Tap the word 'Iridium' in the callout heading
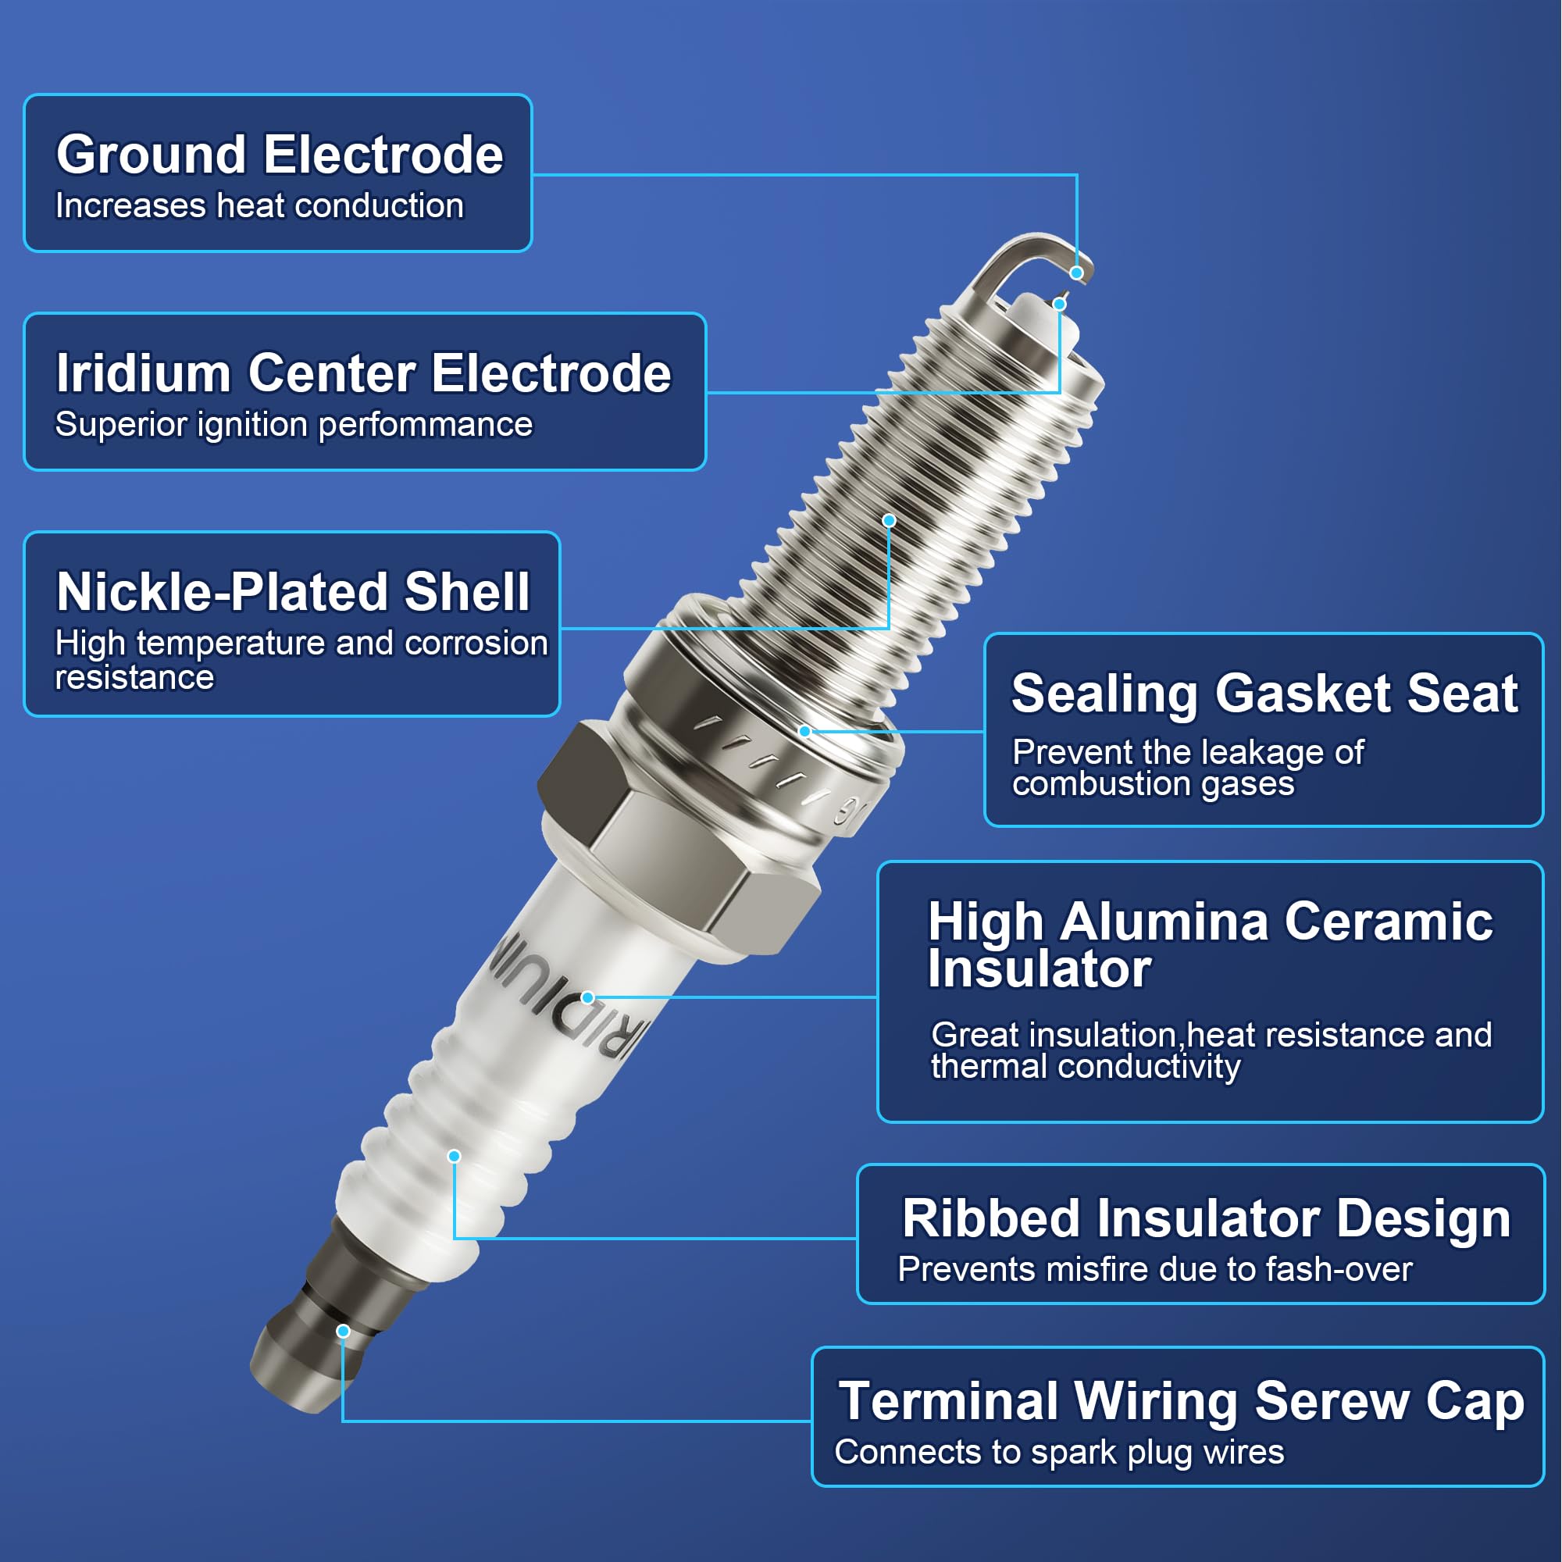pyautogui.click(x=143, y=373)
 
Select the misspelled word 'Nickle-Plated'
pyautogui.click(x=223, y=591)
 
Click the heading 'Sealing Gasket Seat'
pyautogui.click(x=1264, y=694)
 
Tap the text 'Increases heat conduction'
pyautogui.click(x=259, y=205)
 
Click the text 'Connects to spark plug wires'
pyautogui.click(x=1059, y=1453)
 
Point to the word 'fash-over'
pyautogui.click(x=1339, y=1269)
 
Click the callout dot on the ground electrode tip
pyautogui.click(x=1076, y=273)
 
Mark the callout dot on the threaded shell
pyautogui.click(x=889, y=521)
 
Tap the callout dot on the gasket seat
pyautogui.click(x=804, y=731)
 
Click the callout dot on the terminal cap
pyautogui.click(x=343, y=1331)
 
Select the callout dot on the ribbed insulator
pyautogui.click(x=455, y=1156)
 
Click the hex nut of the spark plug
pyautogui.click(x=679, y=841)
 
